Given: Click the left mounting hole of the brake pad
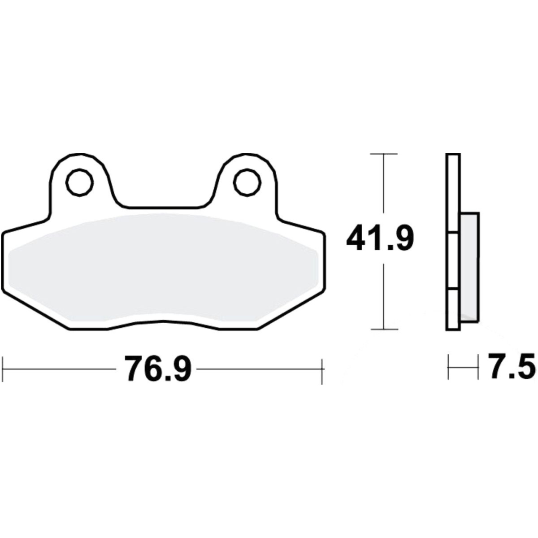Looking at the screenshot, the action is click(x=79, y=182).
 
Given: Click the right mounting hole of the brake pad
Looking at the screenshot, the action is click(x=247, y=182).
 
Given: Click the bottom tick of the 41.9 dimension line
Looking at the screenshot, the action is click(x=384, y=330).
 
